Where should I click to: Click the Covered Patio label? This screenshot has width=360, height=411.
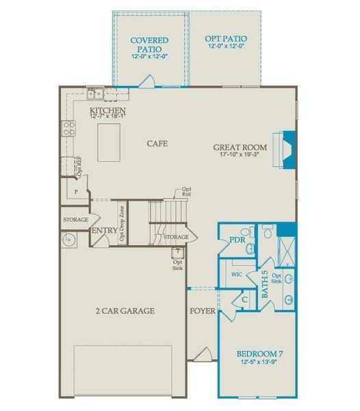(x=150, y=45)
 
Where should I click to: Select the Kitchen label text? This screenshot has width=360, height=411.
(x=107, y=111)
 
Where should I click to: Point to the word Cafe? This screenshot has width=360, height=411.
(x=157, y=144)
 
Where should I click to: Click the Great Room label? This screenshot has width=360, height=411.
(x=239, y=147)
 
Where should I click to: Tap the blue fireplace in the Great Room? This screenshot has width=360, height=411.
(x=288, y=146)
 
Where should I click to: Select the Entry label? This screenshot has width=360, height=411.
(x=104, y=231)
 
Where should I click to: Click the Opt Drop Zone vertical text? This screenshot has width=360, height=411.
(x=122, y=223)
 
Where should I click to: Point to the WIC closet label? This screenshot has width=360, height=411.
(x=237, y=274)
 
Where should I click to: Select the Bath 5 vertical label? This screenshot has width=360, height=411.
(x=265, y=282)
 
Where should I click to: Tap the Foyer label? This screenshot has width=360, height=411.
(x=203, y=312)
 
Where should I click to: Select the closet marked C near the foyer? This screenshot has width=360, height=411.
(x=244, y=299)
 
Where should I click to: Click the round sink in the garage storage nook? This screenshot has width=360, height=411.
(x=68, y=240)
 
